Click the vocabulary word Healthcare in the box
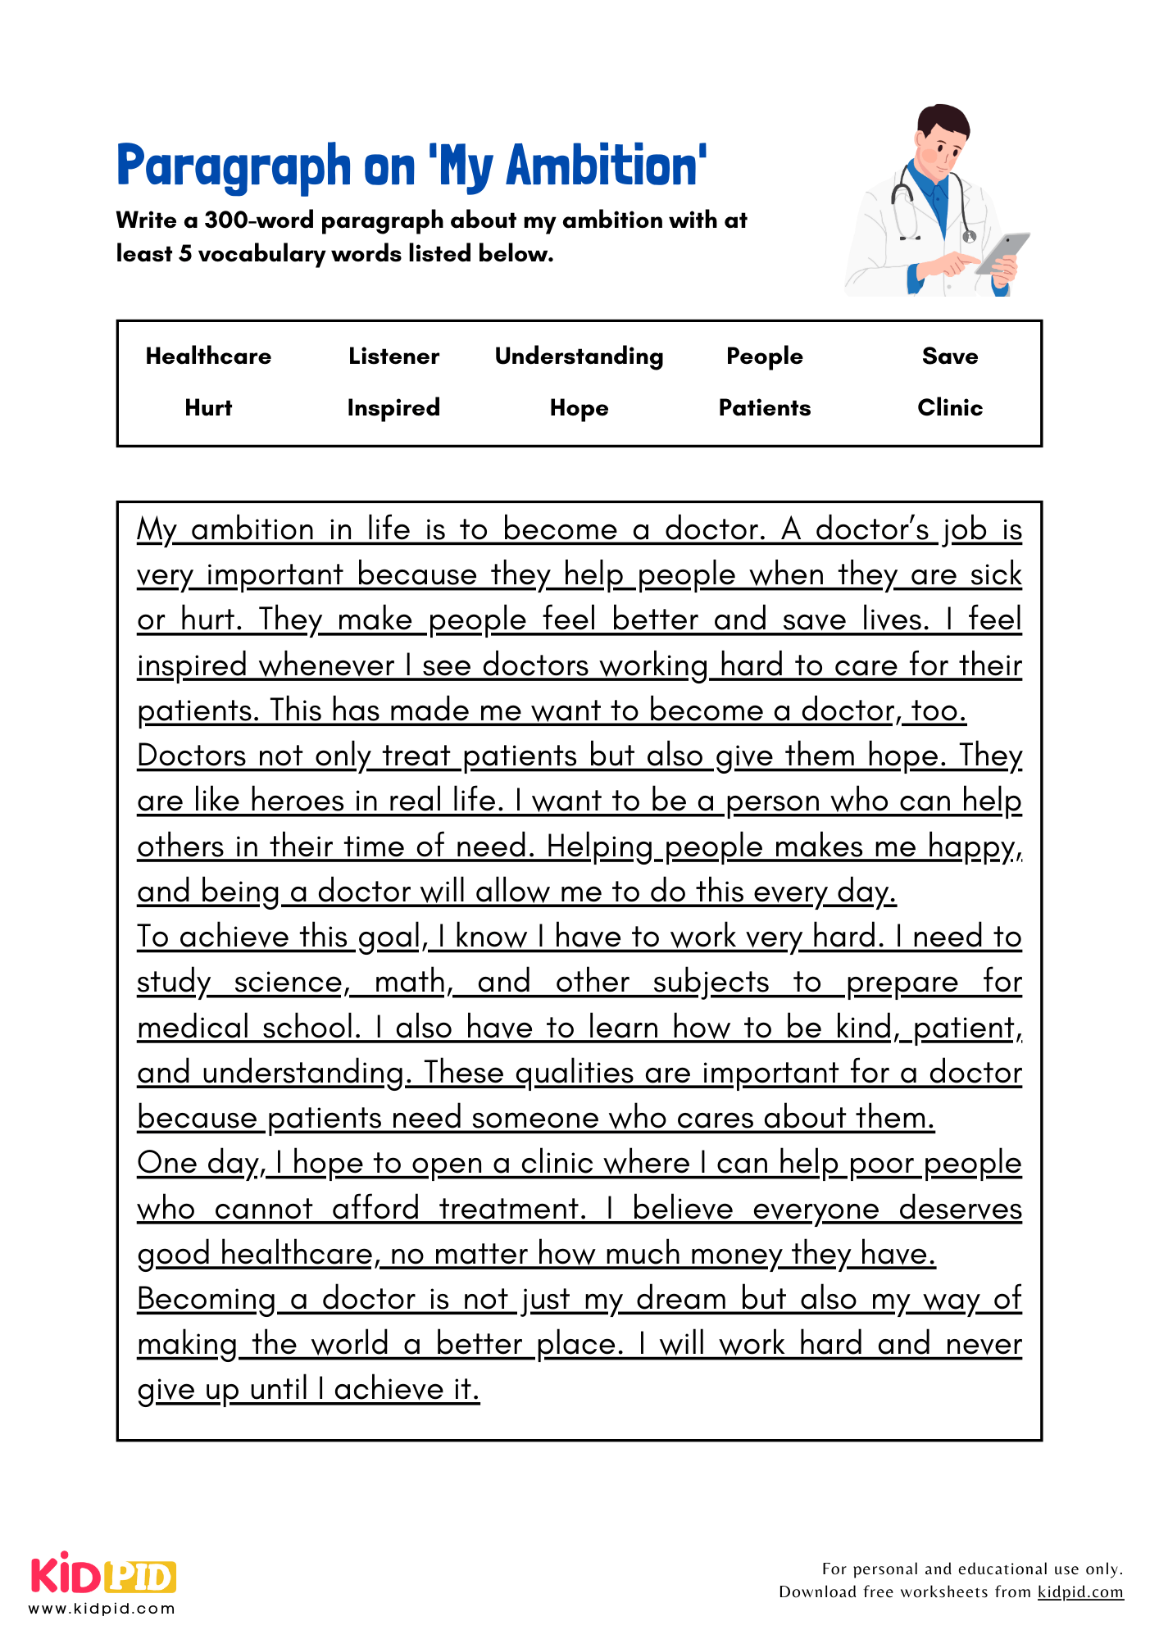208,356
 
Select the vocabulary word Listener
393,356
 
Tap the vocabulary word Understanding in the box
579,356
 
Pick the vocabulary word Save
949,356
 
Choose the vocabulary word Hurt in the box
208,408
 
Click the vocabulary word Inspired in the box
393,408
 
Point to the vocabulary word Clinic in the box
949,408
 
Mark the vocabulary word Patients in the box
764,408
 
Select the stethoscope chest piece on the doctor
970,237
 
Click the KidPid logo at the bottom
103,1575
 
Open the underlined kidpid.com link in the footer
1079,1592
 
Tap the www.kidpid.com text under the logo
102,1609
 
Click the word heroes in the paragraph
298,801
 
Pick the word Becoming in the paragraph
207,1299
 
